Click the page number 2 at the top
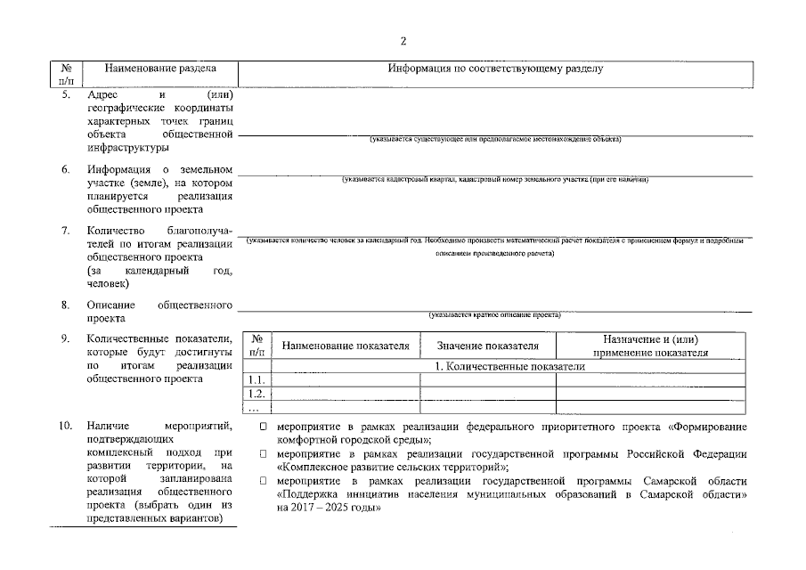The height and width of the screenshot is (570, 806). pyautogui.click(x=403, y=41)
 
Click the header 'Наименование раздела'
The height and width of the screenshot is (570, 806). pyautogui.click(x=159, y=69)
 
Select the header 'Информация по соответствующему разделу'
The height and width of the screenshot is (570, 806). pyautogui.click(x=495, y=69)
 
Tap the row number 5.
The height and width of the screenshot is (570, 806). pyautogui.click(x=67, y=94)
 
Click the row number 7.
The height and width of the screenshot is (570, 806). pyautogui.click(x=67, y=231)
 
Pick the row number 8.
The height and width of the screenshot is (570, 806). pyautogui.click(x=67, y=305)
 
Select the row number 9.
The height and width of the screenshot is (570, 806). pyautogui.click(x=67, y=338)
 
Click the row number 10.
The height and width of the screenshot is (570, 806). pyautogui.click(x=65, y=427)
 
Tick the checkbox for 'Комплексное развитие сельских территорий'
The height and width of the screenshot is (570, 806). pyautogui.click(x=264, y=454)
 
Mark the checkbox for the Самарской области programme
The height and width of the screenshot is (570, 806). pyautogui.click(x=264, y=481)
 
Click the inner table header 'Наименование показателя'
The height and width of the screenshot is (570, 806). pyautogui.click(x=346, y=346)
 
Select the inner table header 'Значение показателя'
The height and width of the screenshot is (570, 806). pyautogui.click(x=488, y=346)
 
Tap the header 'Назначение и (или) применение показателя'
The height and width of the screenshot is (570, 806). pyautogui.click(x=650, y=346)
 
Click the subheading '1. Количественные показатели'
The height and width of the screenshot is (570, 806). pyautogui.click(x=509, y=366)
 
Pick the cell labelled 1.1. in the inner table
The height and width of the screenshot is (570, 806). pyautogui.click(x=256, y=380)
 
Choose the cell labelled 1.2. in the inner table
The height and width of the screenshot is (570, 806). pyautogui.click(x=256, y=394)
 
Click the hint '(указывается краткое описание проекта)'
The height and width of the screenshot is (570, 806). pyautogui.click(x=494, y=314)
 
